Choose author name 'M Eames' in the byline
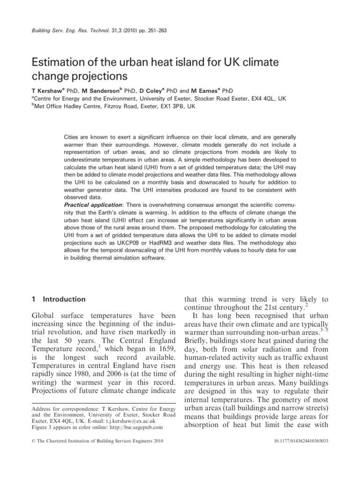tap(204, 90)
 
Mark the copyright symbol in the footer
tap(32, 454)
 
